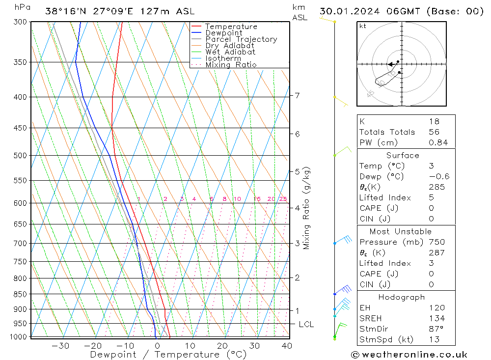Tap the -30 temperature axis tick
(60, 346)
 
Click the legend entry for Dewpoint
(223, 33)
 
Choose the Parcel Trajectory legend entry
(241, 39)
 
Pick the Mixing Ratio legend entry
(231, 65)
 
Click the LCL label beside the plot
(306, 325)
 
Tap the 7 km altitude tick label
(298, 95)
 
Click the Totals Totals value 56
(434, 132)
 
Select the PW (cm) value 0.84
(438, 143)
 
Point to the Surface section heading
(403, 156)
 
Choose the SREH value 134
(436, 318)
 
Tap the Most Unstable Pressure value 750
(436, 242)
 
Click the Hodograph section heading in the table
(402, 297)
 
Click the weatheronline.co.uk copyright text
(409, 355)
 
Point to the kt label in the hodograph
(363, 26)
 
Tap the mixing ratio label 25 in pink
(283, 199)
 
